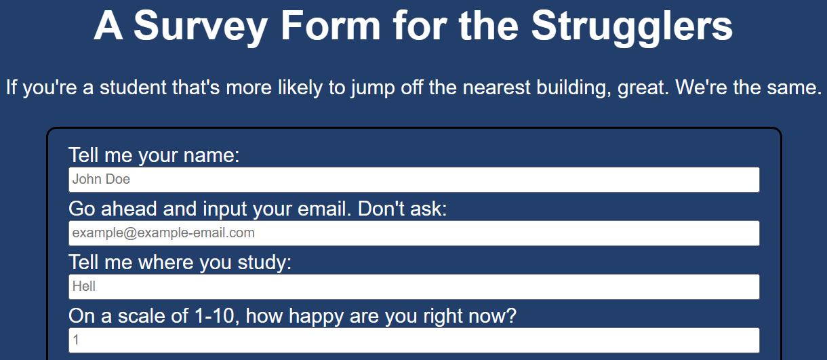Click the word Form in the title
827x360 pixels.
click(x=330, y=25)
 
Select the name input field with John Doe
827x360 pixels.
click(x=414, y=180)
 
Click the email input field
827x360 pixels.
click(x=414, y=233)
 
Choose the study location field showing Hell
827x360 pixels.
click(x=414, y=287)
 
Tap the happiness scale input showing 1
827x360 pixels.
click(x=414, y=340)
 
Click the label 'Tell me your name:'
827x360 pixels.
click(x=154, y=155)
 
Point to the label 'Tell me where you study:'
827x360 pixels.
click(x=180, y=262)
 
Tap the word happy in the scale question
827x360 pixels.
click(x=316, y=317)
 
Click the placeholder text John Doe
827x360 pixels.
click(x=101, y=180)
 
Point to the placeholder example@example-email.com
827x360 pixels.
click(x=163, y=233)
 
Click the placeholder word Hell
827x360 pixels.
click(x=84, y=286)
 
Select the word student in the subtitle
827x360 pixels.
click(x=133, y=87)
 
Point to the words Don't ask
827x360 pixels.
click(x=402, y=209)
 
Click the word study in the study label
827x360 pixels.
click(x=264, y=264)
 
